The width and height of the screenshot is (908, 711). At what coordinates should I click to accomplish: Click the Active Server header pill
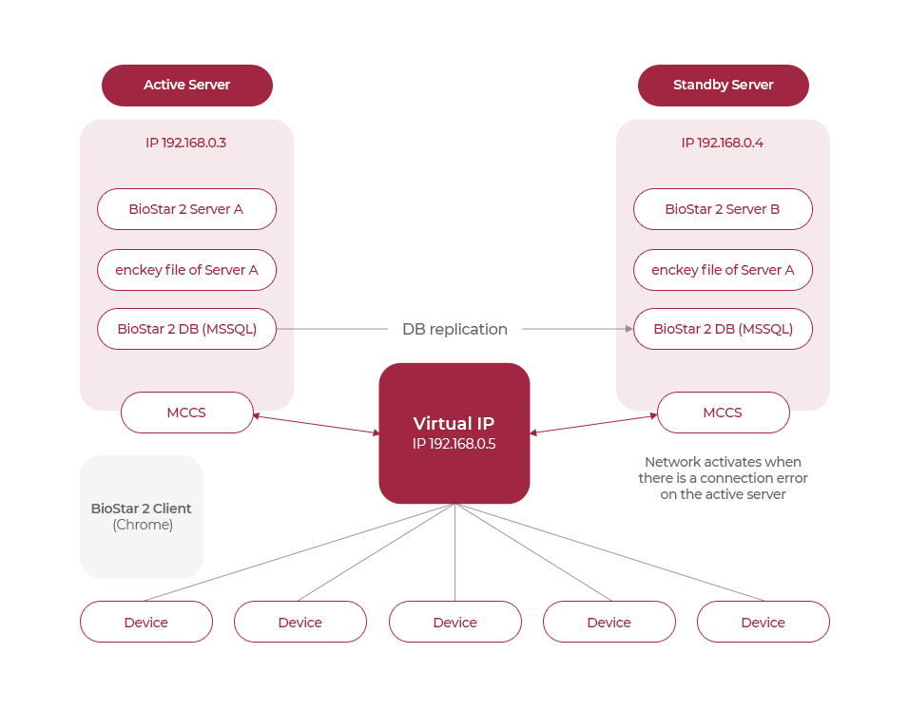pos(186,85)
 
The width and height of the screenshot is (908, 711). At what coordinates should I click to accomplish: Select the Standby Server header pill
pos(723,85)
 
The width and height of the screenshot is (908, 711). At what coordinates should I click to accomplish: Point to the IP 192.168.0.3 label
pos(186,143)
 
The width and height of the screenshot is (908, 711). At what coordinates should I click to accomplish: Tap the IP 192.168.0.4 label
pos(723,143)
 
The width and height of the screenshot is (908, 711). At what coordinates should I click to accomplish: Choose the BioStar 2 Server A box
pos(186,209)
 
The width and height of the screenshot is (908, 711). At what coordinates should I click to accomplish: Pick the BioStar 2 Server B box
pos(723,209)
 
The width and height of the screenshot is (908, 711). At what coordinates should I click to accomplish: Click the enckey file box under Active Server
pos(186,270)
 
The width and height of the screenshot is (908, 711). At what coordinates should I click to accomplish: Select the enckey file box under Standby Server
pos(723,270)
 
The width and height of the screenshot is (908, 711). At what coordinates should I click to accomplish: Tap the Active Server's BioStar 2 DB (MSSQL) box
pos(186,329)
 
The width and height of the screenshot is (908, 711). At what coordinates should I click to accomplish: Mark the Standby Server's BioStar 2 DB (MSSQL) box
pos(723,329)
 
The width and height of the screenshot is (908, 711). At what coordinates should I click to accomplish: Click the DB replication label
pos(454,329)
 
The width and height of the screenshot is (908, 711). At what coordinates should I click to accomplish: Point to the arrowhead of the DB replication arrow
pos(628,329)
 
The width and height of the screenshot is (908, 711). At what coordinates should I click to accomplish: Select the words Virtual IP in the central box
pos(454,424)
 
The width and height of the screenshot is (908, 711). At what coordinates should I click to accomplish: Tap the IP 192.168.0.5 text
pos(454,444)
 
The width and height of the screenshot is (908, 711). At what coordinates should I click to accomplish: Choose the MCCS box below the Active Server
pos(186,413)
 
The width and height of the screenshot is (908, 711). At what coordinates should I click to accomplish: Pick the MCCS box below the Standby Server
pos(723,413)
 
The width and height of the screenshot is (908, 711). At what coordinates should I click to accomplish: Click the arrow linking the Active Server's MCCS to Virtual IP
pos(316,425)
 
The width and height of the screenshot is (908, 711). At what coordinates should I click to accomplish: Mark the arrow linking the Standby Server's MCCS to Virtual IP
pos(593,424)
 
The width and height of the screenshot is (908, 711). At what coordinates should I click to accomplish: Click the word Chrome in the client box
pos(143,525)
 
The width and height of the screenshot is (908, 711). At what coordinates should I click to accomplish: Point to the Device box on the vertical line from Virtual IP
pos(454,622)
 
